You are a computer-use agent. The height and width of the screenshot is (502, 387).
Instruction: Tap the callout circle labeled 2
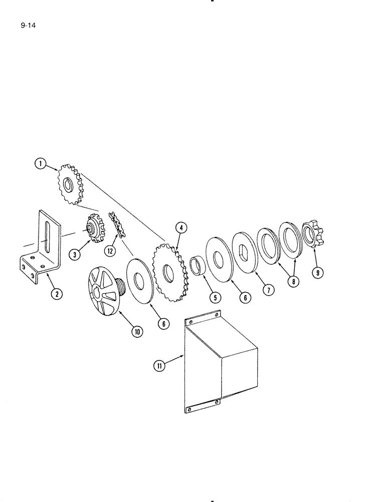tap(57, 294)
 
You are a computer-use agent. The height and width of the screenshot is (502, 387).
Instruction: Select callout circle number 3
tap(75, 255)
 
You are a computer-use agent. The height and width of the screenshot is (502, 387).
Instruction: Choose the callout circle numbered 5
tap(215, 298)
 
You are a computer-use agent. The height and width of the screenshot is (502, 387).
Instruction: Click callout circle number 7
tap(270, 291)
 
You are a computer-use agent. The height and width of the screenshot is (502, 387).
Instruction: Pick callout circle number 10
tap(136, 331)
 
